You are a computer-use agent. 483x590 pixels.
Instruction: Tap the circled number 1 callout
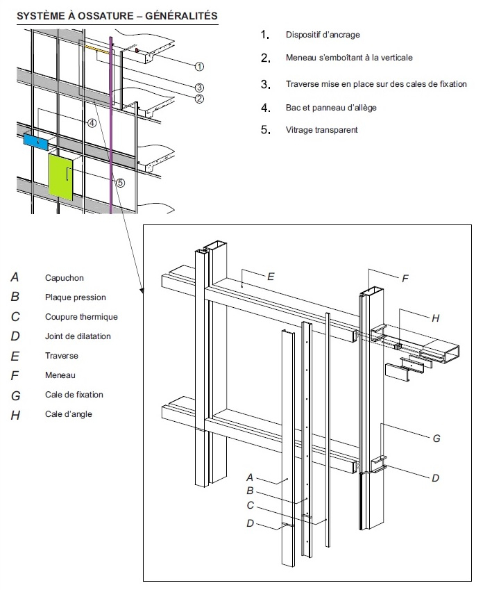199,67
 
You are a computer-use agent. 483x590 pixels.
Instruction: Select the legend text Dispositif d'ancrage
323,35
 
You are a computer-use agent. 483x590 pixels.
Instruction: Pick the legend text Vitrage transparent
321,130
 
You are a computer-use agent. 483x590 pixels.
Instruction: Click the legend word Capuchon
65,278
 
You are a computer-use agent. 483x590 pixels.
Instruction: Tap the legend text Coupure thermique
81,317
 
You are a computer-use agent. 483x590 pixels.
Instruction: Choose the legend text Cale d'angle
69,414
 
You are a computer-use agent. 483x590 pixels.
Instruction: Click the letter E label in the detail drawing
270,276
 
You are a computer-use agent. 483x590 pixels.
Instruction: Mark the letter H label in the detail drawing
435,318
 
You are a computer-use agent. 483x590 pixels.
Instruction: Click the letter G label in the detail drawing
436,439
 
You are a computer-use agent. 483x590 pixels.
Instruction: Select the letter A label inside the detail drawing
250,477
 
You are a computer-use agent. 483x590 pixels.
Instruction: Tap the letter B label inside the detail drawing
250,491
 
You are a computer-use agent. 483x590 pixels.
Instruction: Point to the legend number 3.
264,85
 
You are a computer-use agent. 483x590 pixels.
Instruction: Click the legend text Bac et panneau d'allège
331,108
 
